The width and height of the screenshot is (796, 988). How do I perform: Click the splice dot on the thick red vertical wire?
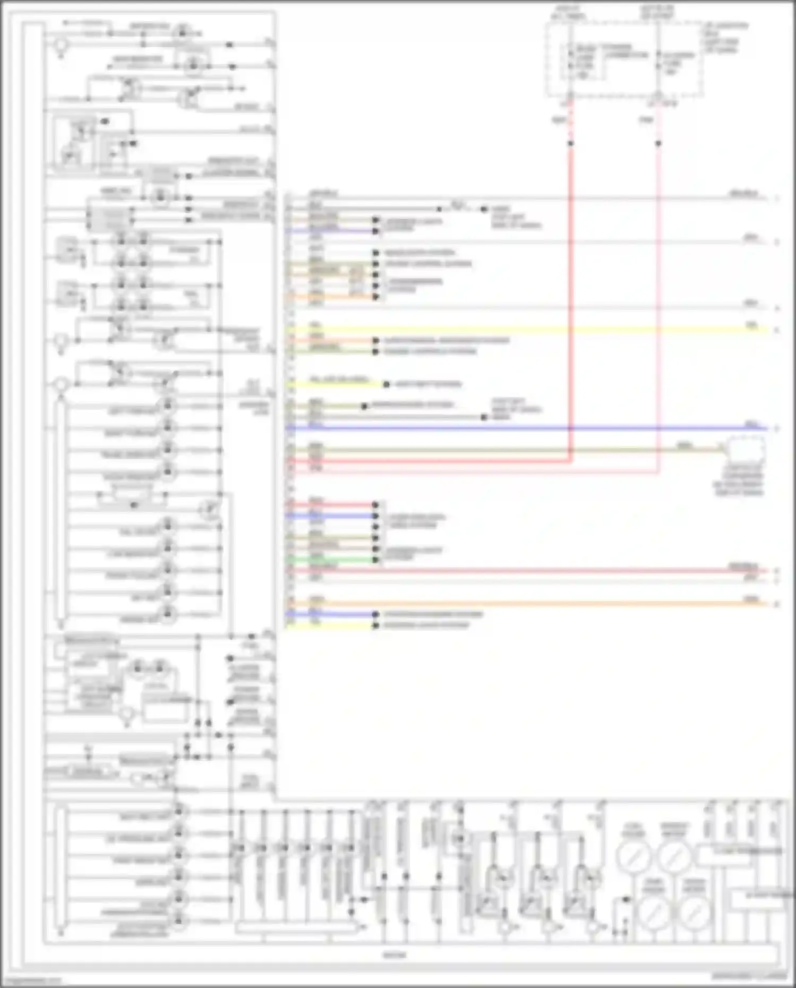coord(571,143)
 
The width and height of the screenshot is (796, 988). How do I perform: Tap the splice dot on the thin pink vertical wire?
coord(658,143)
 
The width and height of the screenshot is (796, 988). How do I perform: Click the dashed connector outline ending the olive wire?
coord(746,450)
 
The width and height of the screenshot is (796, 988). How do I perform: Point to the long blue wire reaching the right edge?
coord(531,428)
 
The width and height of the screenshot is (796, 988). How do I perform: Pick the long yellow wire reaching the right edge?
coord(531,330)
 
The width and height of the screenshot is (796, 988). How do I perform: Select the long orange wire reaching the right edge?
coord(531,604)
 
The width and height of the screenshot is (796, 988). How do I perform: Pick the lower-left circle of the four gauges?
coord(654,912)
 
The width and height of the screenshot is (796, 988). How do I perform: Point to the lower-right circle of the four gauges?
coord(695,912)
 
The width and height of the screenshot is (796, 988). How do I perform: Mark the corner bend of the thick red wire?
coord(571,461)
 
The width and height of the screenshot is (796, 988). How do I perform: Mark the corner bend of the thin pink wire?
coord(658,471)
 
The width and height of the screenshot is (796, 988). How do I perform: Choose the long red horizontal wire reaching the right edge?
coord(531,571)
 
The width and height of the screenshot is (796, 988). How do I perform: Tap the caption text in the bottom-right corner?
coord(749,976)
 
